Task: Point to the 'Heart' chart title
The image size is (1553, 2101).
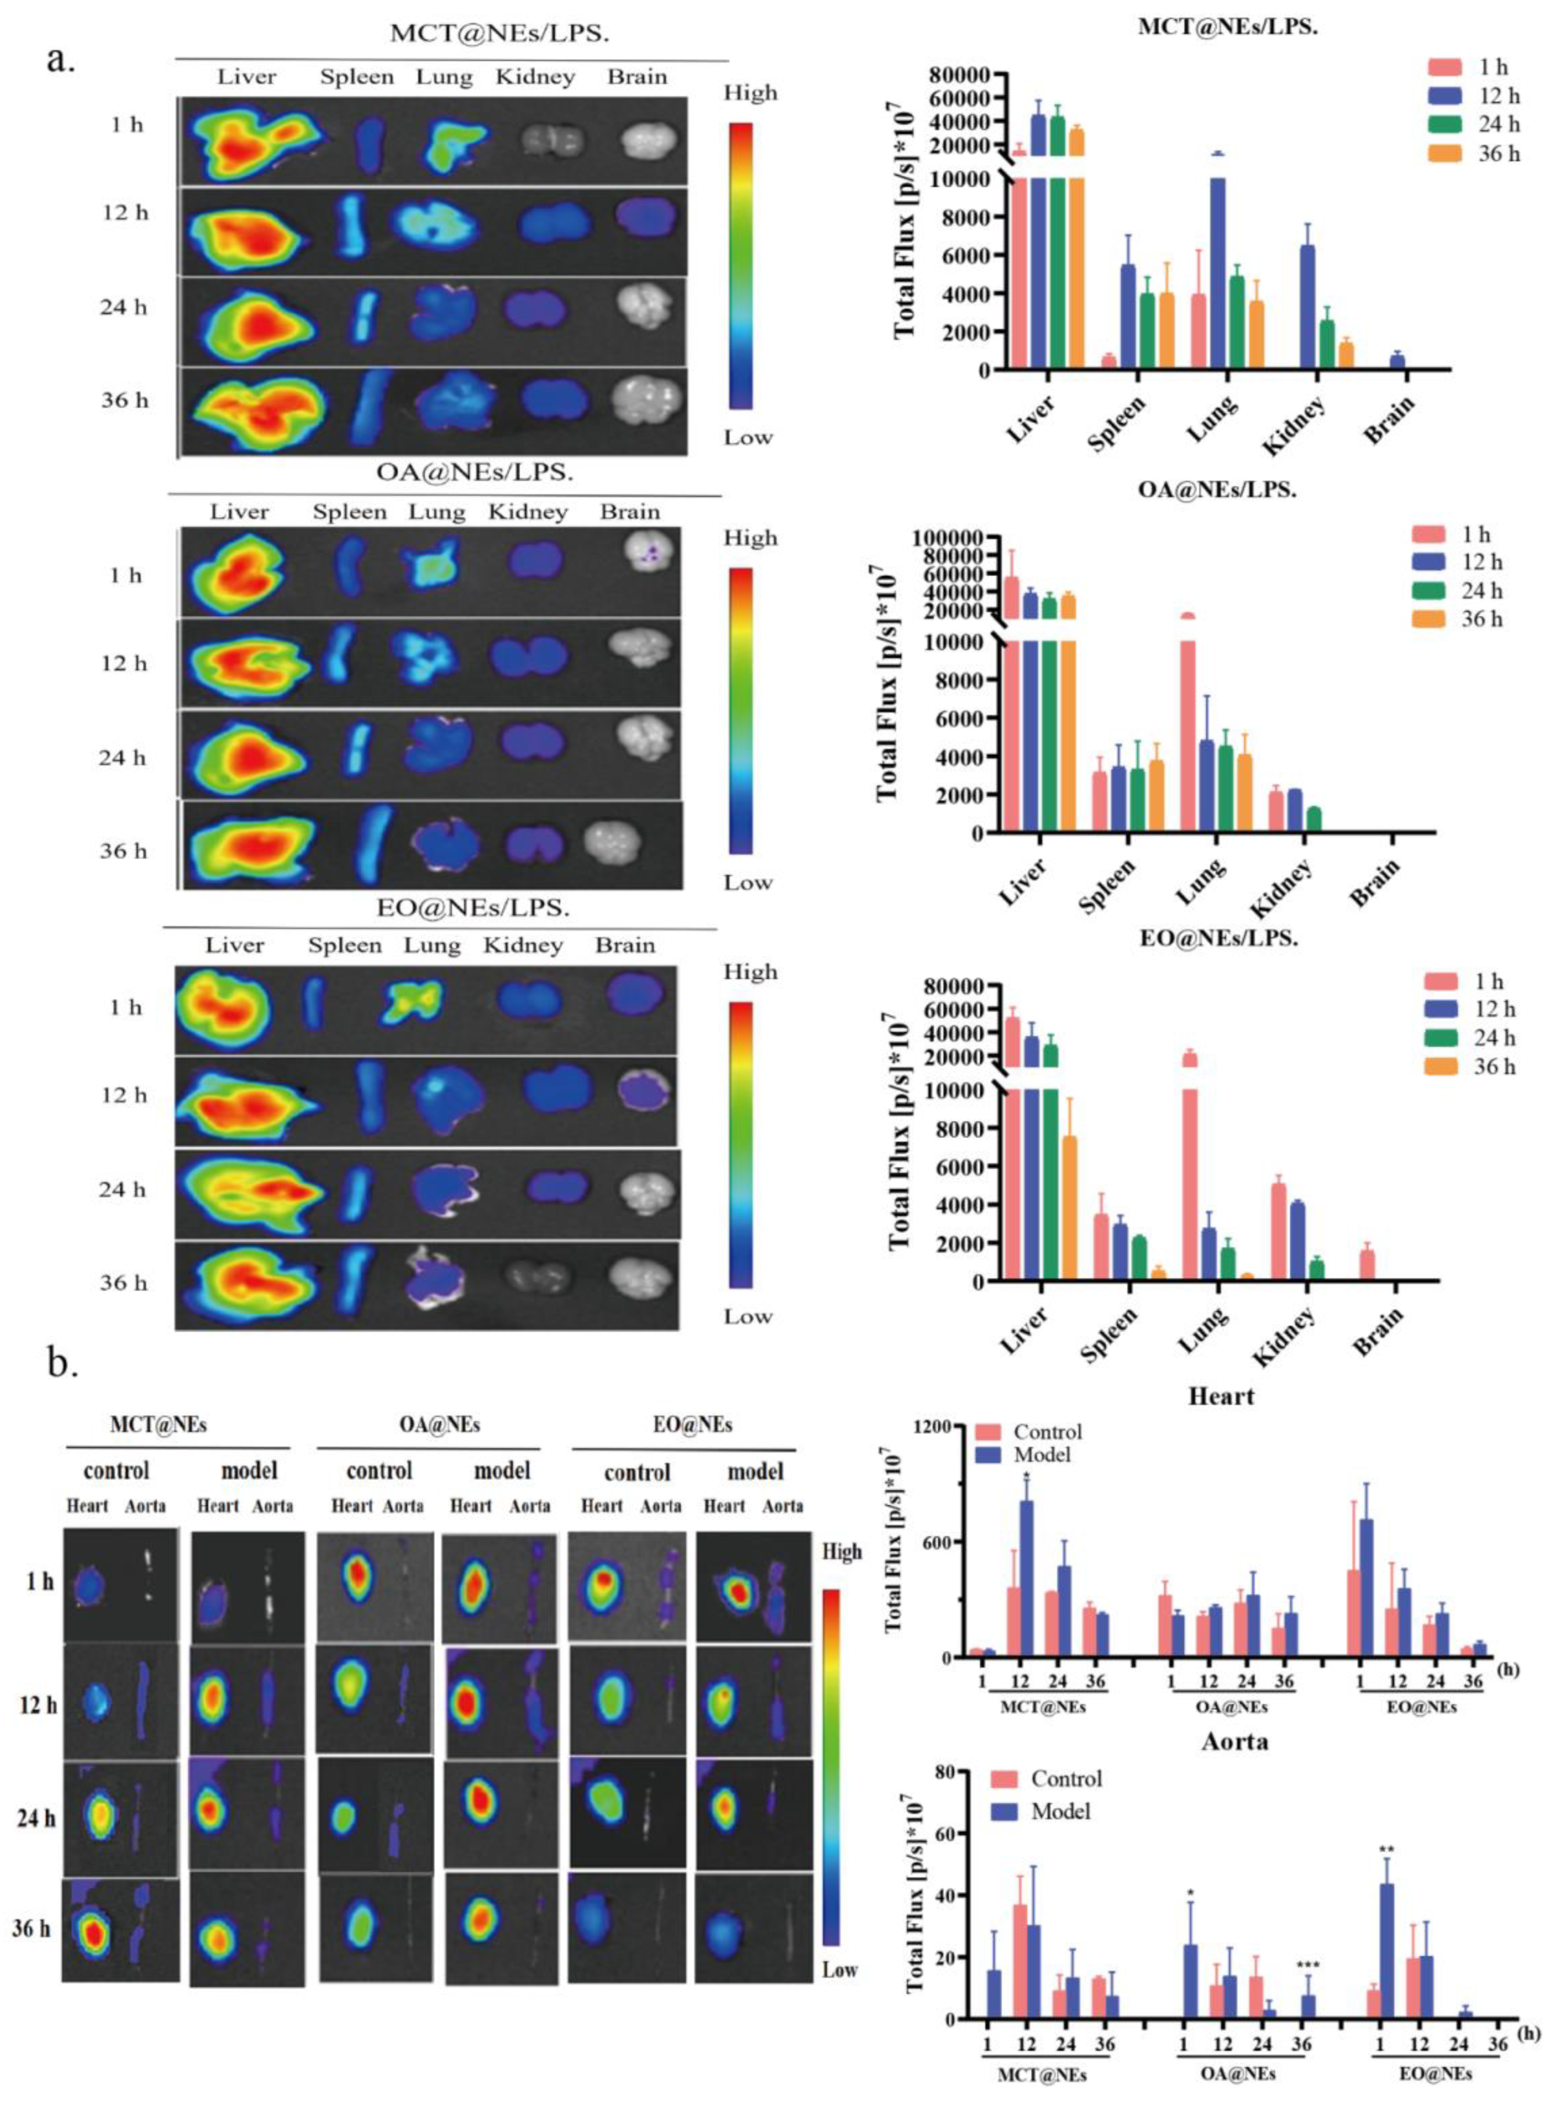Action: click(1220, 1396)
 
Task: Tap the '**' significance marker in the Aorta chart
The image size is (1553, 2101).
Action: click(1386, 1851)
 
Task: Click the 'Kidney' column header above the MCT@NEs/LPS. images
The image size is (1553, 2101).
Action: click(535, 77)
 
